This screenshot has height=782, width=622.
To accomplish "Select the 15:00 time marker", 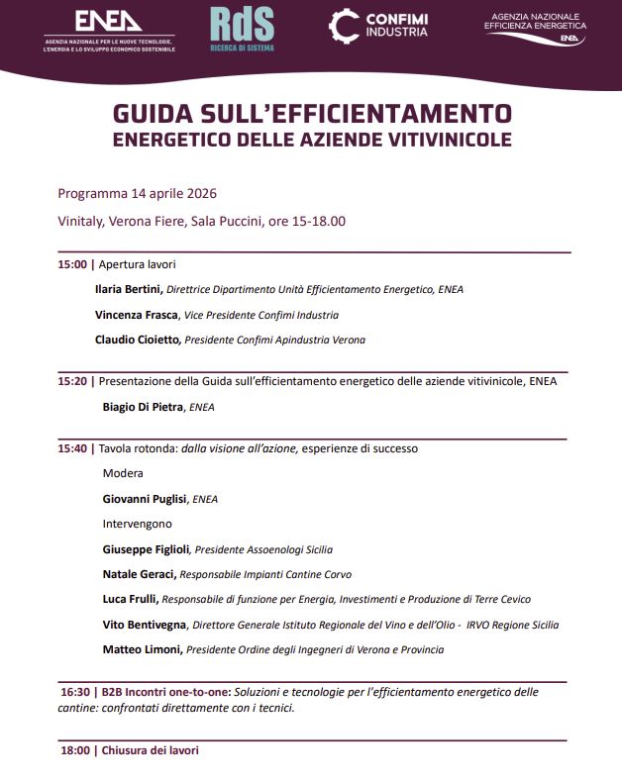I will tap(73, 264).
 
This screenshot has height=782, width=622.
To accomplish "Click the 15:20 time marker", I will tap(73, 380).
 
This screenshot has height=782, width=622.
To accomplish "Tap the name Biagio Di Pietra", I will tap(144, 406).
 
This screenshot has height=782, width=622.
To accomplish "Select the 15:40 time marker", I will tap(73, 448).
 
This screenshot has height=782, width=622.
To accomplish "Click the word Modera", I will tap(123, 473).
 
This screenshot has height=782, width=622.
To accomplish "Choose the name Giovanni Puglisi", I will tap(145, 499).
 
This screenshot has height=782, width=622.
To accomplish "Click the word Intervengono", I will tap(138, 524).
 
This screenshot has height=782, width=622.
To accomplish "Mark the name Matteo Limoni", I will tap(143, 649).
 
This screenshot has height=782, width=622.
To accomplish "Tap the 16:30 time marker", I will tap(76, 692).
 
